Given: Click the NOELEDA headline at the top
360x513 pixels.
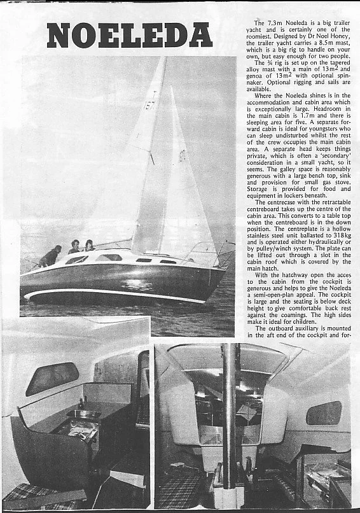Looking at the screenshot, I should [128, 36].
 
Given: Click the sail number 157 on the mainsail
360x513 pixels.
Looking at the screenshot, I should [149, 104].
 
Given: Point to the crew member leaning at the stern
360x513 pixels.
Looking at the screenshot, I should [50, 256].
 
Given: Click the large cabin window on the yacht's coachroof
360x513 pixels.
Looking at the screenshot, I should [109, 257].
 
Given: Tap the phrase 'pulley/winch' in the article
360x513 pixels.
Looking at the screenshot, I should [267, 262].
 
